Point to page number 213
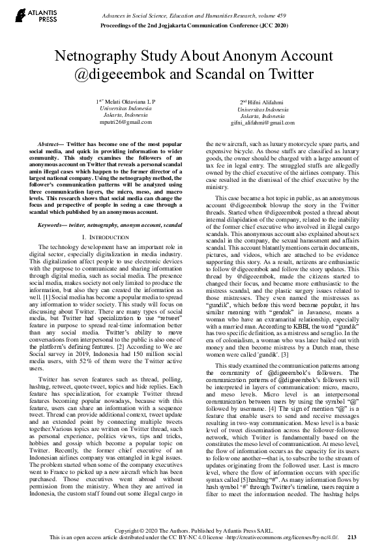coord(352,537)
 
